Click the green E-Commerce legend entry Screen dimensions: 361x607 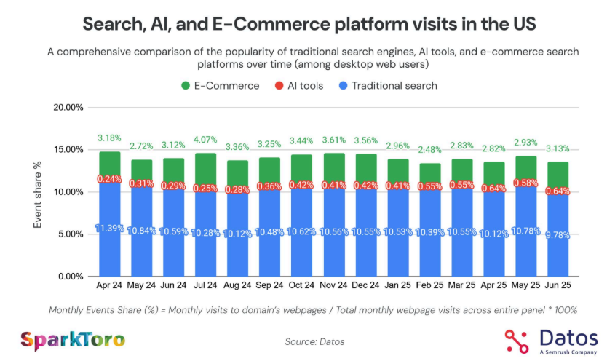pos(221,85)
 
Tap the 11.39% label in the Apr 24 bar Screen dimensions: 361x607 pos(110,229)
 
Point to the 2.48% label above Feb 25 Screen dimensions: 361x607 pos(430,150)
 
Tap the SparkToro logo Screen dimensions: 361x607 pos(72,339)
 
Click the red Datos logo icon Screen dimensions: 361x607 pos(517,341)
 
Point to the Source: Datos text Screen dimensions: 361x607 pos(314,341)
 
